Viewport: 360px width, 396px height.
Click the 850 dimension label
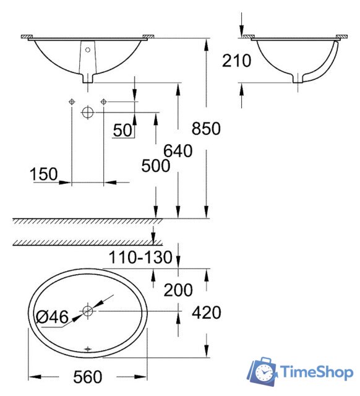(x=206, y=129)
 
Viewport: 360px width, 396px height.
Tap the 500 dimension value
(x=155, y=166)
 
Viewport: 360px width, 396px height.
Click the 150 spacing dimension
(x=44, y=175)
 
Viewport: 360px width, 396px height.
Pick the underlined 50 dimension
(x=123, y=130)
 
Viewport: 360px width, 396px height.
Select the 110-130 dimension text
(x=140, y=257)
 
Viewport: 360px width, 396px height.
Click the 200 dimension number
(x=178, y=289)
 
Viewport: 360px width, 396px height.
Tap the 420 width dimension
(x=207, y=313)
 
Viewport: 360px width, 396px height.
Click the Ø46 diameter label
(x=51, y=317)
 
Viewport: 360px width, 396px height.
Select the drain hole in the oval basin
(x=88, y=311)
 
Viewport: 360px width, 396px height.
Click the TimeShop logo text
(x=315, y=372)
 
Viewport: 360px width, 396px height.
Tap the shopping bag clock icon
(x=263, y=372)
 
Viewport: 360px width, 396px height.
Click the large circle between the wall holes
(x=87, y=112)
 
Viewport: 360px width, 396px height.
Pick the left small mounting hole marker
(x=72, y=101)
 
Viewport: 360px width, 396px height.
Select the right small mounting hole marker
(x=103, y=101)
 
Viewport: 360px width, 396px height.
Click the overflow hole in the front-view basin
(x=87, y=49)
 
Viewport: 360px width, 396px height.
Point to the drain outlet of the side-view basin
(x=300, y=79)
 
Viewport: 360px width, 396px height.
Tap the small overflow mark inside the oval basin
(x=88, y=350)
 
